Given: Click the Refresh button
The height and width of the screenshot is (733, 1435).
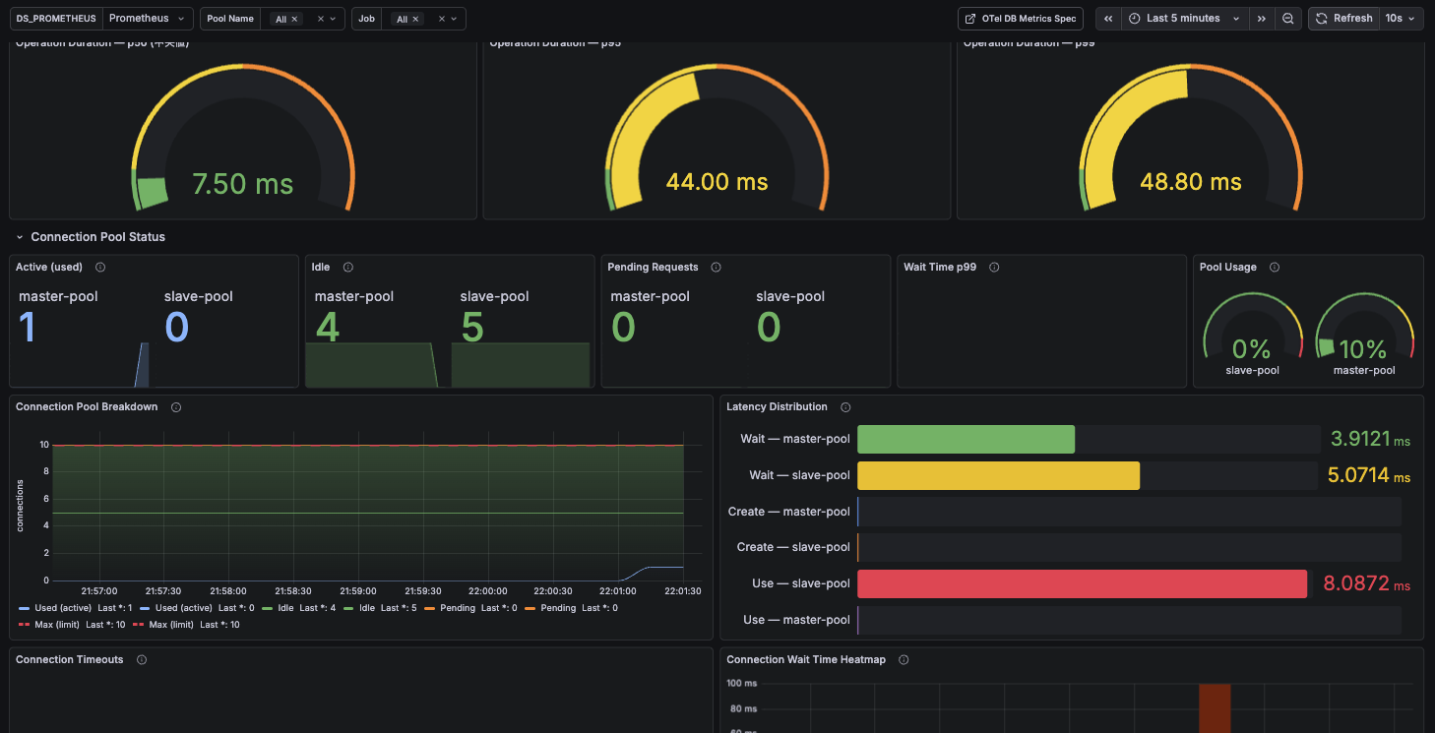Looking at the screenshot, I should pyautogui.click(x=1343, y=19).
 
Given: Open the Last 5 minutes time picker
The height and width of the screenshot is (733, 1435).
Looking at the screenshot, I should pyautogui.click(x=1182, y=19).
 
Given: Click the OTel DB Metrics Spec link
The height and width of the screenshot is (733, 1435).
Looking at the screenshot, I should pyautogui.click(x=1021, y=19).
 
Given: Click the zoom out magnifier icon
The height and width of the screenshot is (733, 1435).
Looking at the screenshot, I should pyautogui.click(x=1287, y=19).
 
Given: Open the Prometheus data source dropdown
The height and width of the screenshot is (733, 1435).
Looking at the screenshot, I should pyautogui.click(x=146, y=19).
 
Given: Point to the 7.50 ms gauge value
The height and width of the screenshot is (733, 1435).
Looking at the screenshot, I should pyautogui.click(x=242, y=184).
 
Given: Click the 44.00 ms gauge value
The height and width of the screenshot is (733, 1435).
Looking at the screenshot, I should pyautogui.click(x=717, y=182).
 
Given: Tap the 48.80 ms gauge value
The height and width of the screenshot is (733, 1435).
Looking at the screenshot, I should pyautogui.click(x=1190, y=182).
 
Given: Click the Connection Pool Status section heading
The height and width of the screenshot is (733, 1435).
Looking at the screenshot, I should pyautogui.click(x=97, y=237).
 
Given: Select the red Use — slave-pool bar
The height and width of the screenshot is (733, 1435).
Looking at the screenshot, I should pyautogui.click(x=1081, y=583).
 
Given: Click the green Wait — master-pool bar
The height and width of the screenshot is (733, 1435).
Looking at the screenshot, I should pyautogui.click(x=966, y=439).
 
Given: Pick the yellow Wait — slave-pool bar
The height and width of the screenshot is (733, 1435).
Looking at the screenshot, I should pyautogui.click(x=998, y=475).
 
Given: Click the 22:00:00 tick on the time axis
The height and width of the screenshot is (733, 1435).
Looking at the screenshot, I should pyautogui.click(x=487, y=591).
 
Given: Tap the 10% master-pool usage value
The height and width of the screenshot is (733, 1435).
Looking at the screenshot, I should pyautogui.click(x=1363, y=349).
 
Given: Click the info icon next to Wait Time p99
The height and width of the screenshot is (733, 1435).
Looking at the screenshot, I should pyautogui.click(x=994, y=268).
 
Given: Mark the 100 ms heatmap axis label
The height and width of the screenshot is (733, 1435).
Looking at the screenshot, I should pyautogui.click(x=741, y=683).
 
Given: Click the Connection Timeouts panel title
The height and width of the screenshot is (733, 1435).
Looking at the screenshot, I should pyautogui.click(x=70, y=659).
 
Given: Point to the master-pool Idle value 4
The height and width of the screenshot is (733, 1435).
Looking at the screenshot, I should pyautogui.click(x=328, y=328).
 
